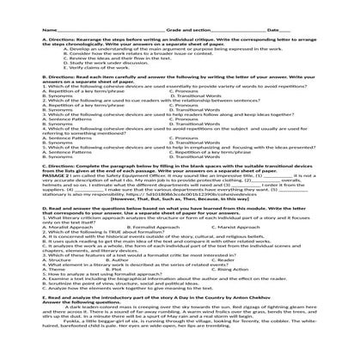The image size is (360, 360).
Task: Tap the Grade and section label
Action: point(176,7)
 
